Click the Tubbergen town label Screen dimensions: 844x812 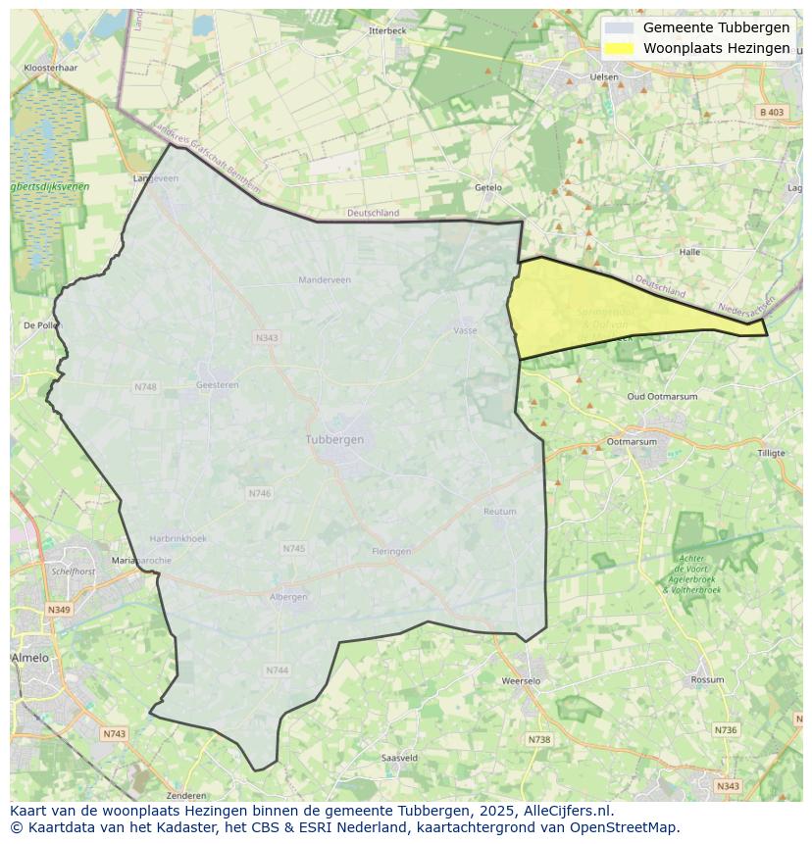(x=334, y=439)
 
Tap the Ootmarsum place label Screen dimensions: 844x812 (x=632, y=442)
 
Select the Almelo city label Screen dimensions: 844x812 (x=29, y=658)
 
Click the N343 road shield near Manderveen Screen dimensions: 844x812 (x=267, y=338)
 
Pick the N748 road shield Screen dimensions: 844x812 (x=145, y=387)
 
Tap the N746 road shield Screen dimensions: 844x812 (x=260, y=494)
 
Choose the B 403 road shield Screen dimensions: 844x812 (x=772, y=113)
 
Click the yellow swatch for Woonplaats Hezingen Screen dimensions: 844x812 (x=619, y=48)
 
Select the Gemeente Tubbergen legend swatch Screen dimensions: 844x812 (x=619, y=28)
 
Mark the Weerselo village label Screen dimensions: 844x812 (x=521, y=680)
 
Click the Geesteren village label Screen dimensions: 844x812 (x=218, y=385)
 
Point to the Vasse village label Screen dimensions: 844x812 (x=465, y=330)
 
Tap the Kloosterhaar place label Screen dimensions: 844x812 (x=50, y=69)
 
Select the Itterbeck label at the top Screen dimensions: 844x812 (x=387, y=30)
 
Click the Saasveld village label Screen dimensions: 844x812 (x=399, y=758)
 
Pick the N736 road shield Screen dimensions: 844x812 (x=726, y=730)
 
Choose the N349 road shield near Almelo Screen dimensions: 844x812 (x=59, y=610)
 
